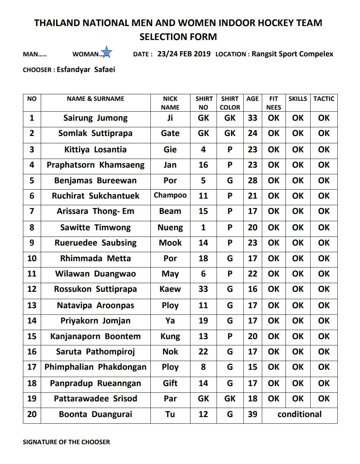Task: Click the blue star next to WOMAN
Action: pos(107,52)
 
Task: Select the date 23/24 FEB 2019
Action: pos(184,54)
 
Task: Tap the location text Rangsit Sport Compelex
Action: pos(292,54)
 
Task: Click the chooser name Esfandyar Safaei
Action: pos(86,70)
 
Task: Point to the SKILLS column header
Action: pos(298,99)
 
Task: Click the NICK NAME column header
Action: pos(170,103)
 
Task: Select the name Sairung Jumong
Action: pos(95,118)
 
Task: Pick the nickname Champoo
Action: pos(170,195)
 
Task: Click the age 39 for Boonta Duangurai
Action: pos(252,414)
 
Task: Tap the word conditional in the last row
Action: pos(299,414)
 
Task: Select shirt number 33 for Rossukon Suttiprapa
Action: pos(203,289)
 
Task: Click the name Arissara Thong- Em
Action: pos(95,211)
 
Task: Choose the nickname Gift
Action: pos(170,383)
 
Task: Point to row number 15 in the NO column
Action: pos(32,336)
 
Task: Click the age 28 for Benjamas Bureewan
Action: pos(252,181)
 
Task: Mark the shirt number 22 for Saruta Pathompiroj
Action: pos(203,352)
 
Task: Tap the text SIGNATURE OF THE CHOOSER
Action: pos(66,442)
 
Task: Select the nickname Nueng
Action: pos(170,228)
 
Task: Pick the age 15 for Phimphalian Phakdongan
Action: pos(252,367)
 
